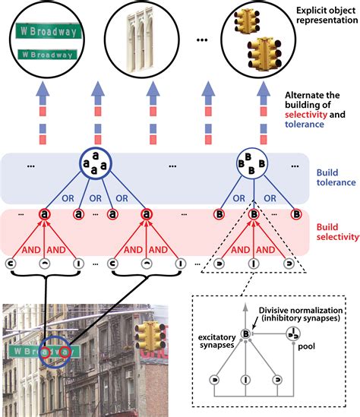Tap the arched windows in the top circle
[x=141, y=40]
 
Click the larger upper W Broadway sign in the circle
[x=48, y=31]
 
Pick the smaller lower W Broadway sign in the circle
[x=47, y=55]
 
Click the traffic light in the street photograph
[x=151, y=336]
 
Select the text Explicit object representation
[x=327, y=15]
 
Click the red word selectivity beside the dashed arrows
[x=306, y=115]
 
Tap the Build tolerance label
[x=336, y=178]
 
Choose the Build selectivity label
[x=337, y=232]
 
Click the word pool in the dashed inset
[x=306, y=346]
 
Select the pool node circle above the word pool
[x=293, y=333]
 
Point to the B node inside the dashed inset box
[x=245, y=333]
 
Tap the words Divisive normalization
[x=301, y=311]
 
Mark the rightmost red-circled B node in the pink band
[x=296, y=214]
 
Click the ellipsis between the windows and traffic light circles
[x=202, y=40]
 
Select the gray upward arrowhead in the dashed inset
[x=245, y=307]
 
